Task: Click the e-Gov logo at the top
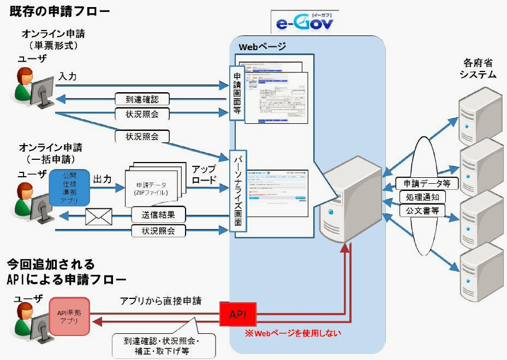click(x=305, y=23)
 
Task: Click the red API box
click(x=238, y=315)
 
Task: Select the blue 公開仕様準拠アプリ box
click(x=69, y=188)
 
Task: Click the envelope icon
click(x=99, y=217)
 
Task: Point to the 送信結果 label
click(x=158, y=213)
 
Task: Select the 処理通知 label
click(x=423, y=197)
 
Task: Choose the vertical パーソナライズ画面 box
click(x=237, y=191)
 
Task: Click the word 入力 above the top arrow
click(x=68, y=77)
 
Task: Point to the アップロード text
click(x=204, y=175)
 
